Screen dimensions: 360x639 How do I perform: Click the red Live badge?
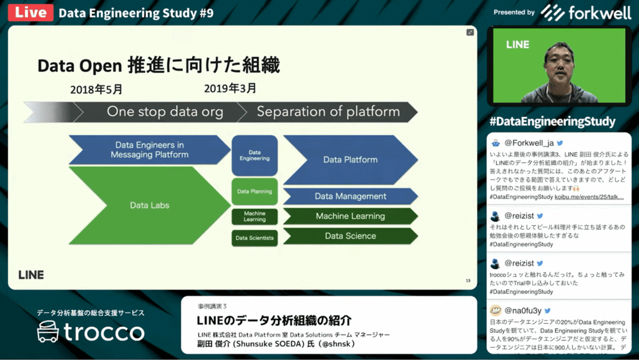[30, 13]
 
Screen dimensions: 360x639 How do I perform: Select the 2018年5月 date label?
[97, 89]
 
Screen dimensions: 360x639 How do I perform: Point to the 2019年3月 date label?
[230, 89]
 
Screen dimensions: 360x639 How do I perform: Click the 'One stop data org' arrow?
[165, 112]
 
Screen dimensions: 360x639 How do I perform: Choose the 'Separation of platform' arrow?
[328, 112]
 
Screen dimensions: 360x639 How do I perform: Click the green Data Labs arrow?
[149, 205]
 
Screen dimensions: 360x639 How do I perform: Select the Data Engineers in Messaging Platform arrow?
[149, 150]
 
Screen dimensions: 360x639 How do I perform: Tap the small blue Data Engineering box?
[255, 155]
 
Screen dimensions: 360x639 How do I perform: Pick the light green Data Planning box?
[255, 192]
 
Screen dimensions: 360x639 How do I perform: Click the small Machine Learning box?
[255, 216]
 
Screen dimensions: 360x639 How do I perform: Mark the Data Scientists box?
[255, 238]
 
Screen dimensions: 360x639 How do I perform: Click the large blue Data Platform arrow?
[350, 160]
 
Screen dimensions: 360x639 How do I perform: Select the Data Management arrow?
[350, 197]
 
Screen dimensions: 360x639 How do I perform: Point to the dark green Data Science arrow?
[350, 236]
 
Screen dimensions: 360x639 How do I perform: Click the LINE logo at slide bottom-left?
[31, 275]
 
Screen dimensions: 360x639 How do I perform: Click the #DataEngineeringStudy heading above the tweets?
[552, 121]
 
